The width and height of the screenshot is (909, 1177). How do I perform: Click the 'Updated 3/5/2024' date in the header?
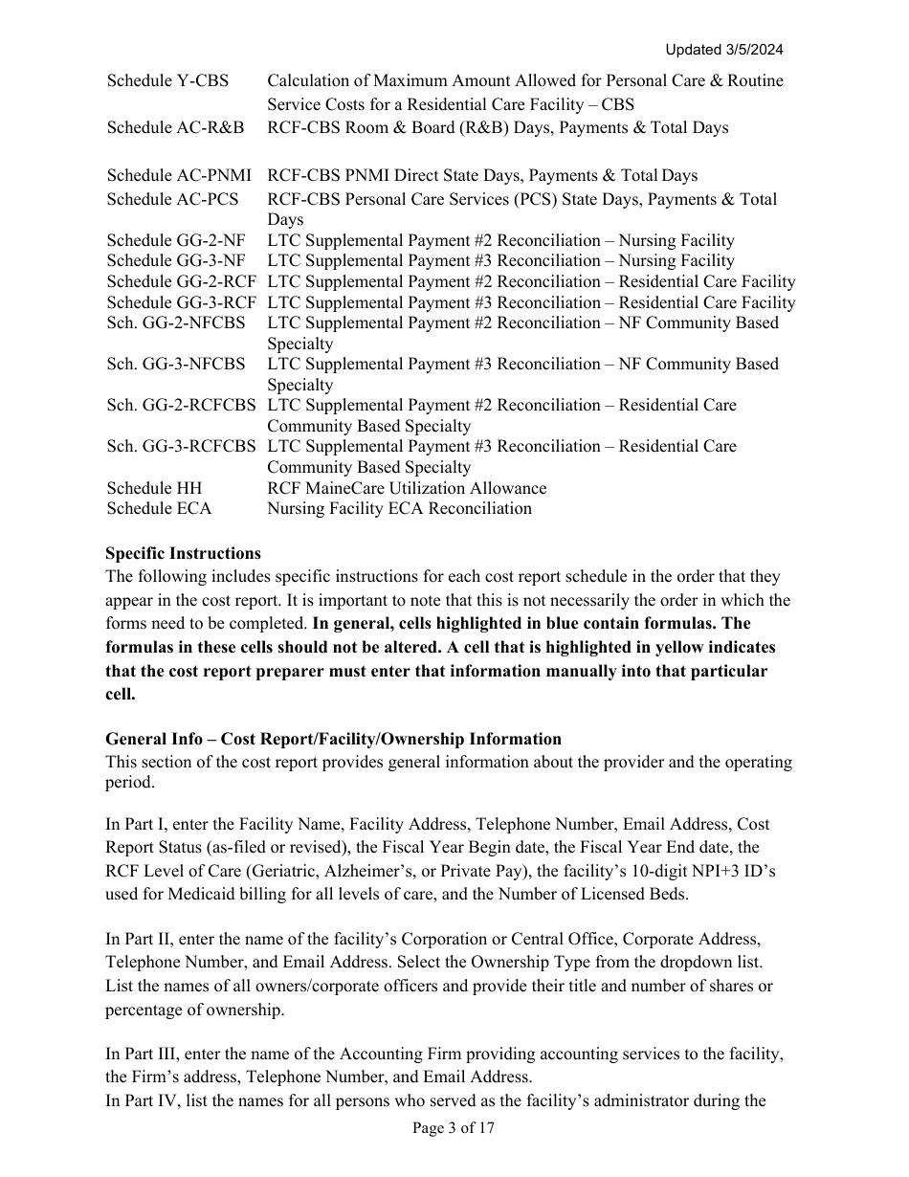pos(728,50)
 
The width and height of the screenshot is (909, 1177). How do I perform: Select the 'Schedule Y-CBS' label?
pos(167,80)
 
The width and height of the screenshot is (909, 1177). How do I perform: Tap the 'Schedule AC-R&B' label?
pos(175,127)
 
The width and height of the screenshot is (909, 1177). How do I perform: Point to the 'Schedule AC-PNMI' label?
pos(179,175)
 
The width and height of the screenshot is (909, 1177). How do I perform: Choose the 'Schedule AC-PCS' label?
pos(172,199)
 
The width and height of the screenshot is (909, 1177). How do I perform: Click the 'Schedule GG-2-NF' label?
pos(176,240)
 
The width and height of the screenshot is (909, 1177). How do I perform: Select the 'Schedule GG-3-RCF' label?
pos(181,302)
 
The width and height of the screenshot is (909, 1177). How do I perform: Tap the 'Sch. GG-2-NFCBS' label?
pos(176,322)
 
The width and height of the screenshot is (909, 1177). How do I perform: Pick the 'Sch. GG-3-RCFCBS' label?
pos(181,446)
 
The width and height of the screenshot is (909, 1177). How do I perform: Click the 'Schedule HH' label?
pos(154,488)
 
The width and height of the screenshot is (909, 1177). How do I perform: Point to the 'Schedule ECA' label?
pos(159,508)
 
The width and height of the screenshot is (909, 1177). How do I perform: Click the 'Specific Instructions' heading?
pos(183,553)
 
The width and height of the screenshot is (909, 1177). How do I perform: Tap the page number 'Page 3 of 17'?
pos(454,1128)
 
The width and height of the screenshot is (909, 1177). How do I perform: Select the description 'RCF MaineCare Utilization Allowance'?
pos(407,488)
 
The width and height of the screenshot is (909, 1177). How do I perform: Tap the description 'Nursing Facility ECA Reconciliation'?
pos(399,508)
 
